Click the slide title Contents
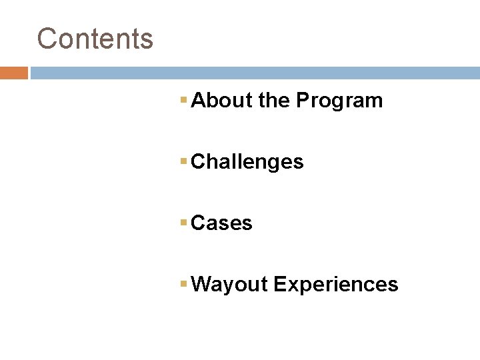pos(95,38)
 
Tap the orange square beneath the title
pos(13,73)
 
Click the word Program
pos(339,101)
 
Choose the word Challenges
pos(247,162)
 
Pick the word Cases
pos(221,223)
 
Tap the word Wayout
pos(229,285)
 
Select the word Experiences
pos(336,285)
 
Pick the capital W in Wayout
pos(201,285)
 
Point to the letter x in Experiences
pos(288,285)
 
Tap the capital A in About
pos(197,101)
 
